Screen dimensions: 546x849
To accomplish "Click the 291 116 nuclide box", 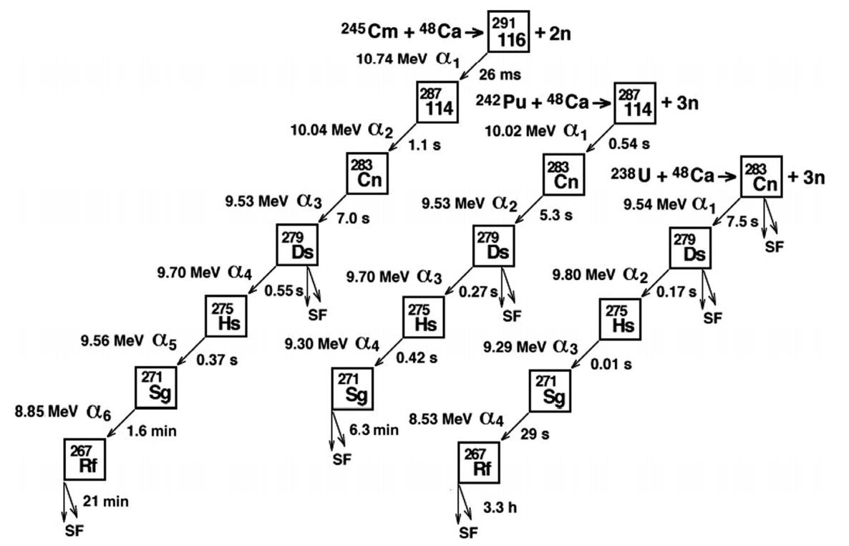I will [x=508, y=32].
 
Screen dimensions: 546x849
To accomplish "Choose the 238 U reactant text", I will [x=636, y=175].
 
